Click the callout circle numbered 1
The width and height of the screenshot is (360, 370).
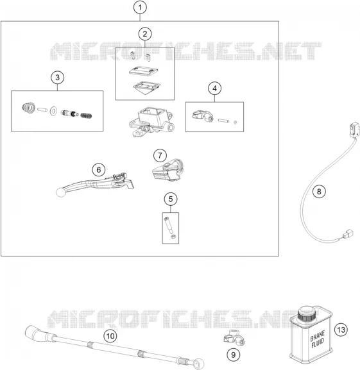pyautogui.click(x=140, y=8)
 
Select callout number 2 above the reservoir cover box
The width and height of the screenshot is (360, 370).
pyautogui.click(x=145, y=34)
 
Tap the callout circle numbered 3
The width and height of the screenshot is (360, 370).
pyautogui.click(x=57, y=78)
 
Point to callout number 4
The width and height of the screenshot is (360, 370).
pyautogui.click(x=214, y=88)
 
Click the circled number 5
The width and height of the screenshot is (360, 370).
pyautogui.click(x=171, y=199)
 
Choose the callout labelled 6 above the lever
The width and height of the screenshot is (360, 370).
pyautogui.click(x=99, y=170)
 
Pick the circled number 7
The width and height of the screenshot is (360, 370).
pyautogui.click(x=160, y=156)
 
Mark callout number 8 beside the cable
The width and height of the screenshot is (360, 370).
pyautogui.click(x=319, y=191)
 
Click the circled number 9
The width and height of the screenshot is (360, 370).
pyautogui.click(x=234, y=355)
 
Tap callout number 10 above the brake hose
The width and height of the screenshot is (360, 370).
pyautogui.click(x=110, y=336)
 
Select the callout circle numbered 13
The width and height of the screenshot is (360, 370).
pyautogui.click(x=341, y=330)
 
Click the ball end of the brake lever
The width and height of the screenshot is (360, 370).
pyautogui.click(x=60, y=192)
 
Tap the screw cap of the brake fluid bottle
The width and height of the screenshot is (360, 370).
pyautogui.click(x=306, y=313)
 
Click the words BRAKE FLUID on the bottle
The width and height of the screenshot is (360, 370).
pyautogui.click(x=318, y=339)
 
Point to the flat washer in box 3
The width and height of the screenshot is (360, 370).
pyautogui.click(x=53, y=111)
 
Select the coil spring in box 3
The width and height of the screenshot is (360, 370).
pyautogui.click(x=86, y=115)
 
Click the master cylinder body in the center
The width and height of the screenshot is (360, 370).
pyautogui.click(x=151, y=122)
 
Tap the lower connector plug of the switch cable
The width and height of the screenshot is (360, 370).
pyautogui.click(x=348, y=234)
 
